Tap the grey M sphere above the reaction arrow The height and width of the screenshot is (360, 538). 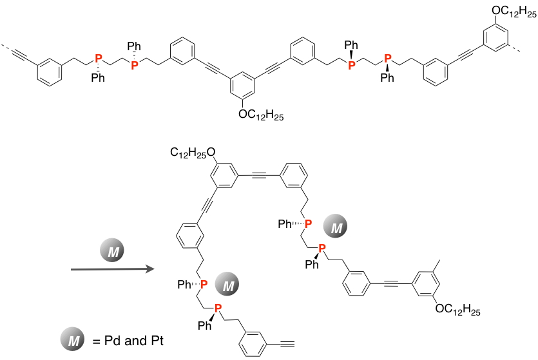(113, 250)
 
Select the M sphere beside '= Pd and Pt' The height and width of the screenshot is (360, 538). (72, 340)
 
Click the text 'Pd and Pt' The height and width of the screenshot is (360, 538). (134, 340)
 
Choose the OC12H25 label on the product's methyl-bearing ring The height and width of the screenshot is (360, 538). (458, 310)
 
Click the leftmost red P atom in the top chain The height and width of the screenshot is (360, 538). (98, 59)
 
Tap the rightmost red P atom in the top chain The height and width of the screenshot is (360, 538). (387, 59)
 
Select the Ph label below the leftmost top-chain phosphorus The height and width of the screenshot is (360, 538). (98, 79)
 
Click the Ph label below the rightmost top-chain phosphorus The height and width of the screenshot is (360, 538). (387, 79)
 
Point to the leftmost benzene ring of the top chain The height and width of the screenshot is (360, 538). (50, 71)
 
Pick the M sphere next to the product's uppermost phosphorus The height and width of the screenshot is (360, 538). (336, 225)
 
